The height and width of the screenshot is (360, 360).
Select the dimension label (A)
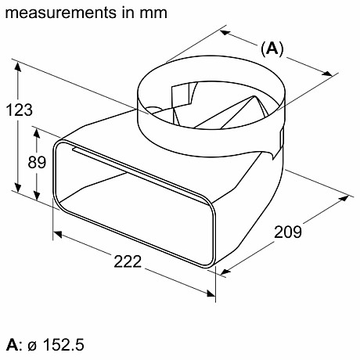[x=271, y=49]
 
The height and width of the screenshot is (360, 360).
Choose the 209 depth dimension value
[x=289, y=232]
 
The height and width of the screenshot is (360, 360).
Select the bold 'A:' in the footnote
[x=13, y=344]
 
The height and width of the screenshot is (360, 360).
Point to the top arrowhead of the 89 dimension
[x=36, y=128]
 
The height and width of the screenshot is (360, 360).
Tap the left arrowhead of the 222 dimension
[x=56, y=234]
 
